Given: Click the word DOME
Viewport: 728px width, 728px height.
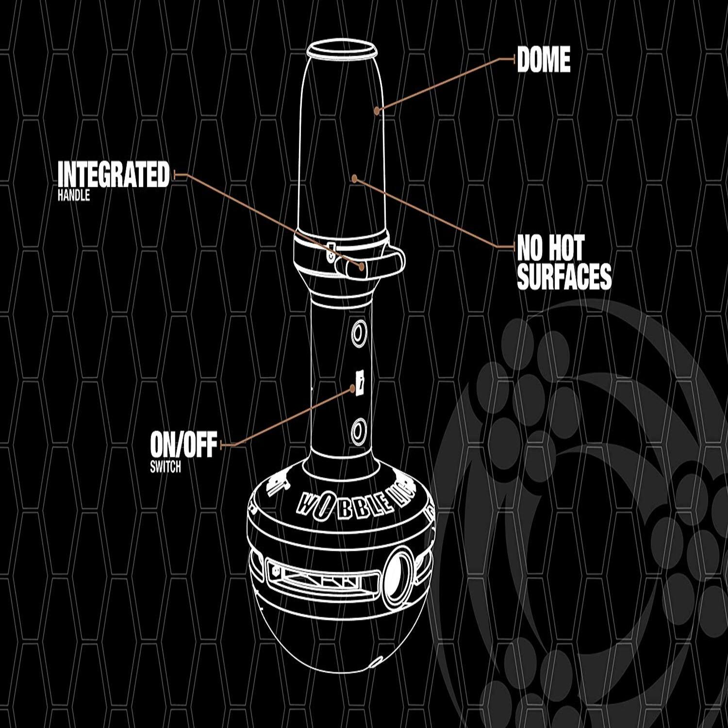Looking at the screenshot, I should click(544, 60).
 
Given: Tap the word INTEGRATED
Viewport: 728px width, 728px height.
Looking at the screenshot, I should click(114, 175).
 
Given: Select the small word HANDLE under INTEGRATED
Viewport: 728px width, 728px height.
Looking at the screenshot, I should click(74, 196).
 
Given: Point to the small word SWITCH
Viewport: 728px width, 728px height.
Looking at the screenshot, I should click(165, 467).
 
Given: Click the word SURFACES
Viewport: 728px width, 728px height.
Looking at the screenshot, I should click(564, 277).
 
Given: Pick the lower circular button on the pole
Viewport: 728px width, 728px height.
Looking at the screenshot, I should click(359, 430).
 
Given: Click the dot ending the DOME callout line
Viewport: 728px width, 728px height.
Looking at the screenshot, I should click(377, 111).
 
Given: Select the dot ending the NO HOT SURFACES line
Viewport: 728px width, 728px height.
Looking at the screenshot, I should click(355, 179).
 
